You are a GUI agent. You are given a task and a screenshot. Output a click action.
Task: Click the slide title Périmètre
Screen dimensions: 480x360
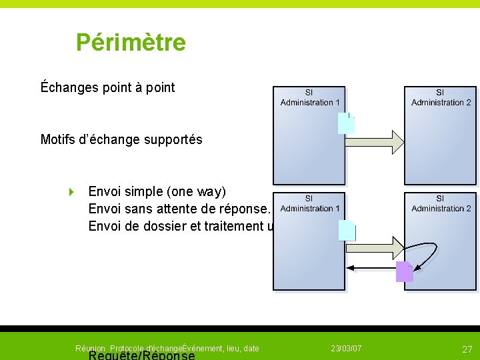coord(131,43)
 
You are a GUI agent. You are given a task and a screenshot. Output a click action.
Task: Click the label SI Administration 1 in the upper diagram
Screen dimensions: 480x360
coord(310,97)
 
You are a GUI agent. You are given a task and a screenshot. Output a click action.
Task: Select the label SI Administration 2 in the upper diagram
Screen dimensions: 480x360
coord(441,97)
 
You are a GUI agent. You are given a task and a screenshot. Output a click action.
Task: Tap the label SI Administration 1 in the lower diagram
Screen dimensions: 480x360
coord(310,203)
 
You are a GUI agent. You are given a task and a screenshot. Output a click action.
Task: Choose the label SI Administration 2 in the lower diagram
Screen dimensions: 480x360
coord(441,203)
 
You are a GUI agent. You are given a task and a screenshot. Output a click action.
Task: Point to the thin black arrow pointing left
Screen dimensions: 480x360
coord(371,269)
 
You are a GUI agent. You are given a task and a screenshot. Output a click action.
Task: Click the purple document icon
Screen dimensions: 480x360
coord(404,271)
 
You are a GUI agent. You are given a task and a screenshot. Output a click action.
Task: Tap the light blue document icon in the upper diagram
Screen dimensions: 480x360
coord(346,123)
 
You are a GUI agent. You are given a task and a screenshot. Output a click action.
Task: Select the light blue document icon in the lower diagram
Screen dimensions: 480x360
coord(347,229)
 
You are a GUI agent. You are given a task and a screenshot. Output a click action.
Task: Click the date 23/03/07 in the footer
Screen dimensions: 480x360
coord(346,349)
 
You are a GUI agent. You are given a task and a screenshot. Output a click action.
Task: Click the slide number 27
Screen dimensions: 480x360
coord(467,349)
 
